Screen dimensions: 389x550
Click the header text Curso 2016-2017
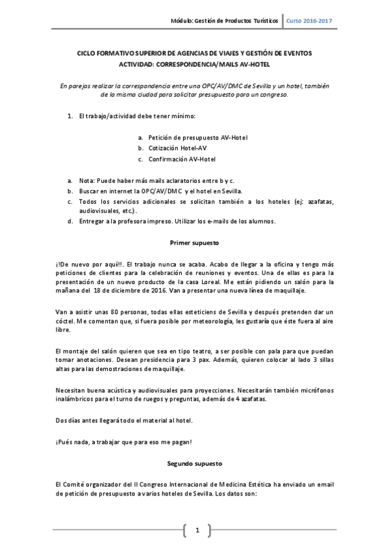(x=309, y=21)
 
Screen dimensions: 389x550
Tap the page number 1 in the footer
(x=197, y=531)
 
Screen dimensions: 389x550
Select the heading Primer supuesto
(x=194, y=243)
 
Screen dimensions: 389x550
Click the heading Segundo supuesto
(x=194, y=464)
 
